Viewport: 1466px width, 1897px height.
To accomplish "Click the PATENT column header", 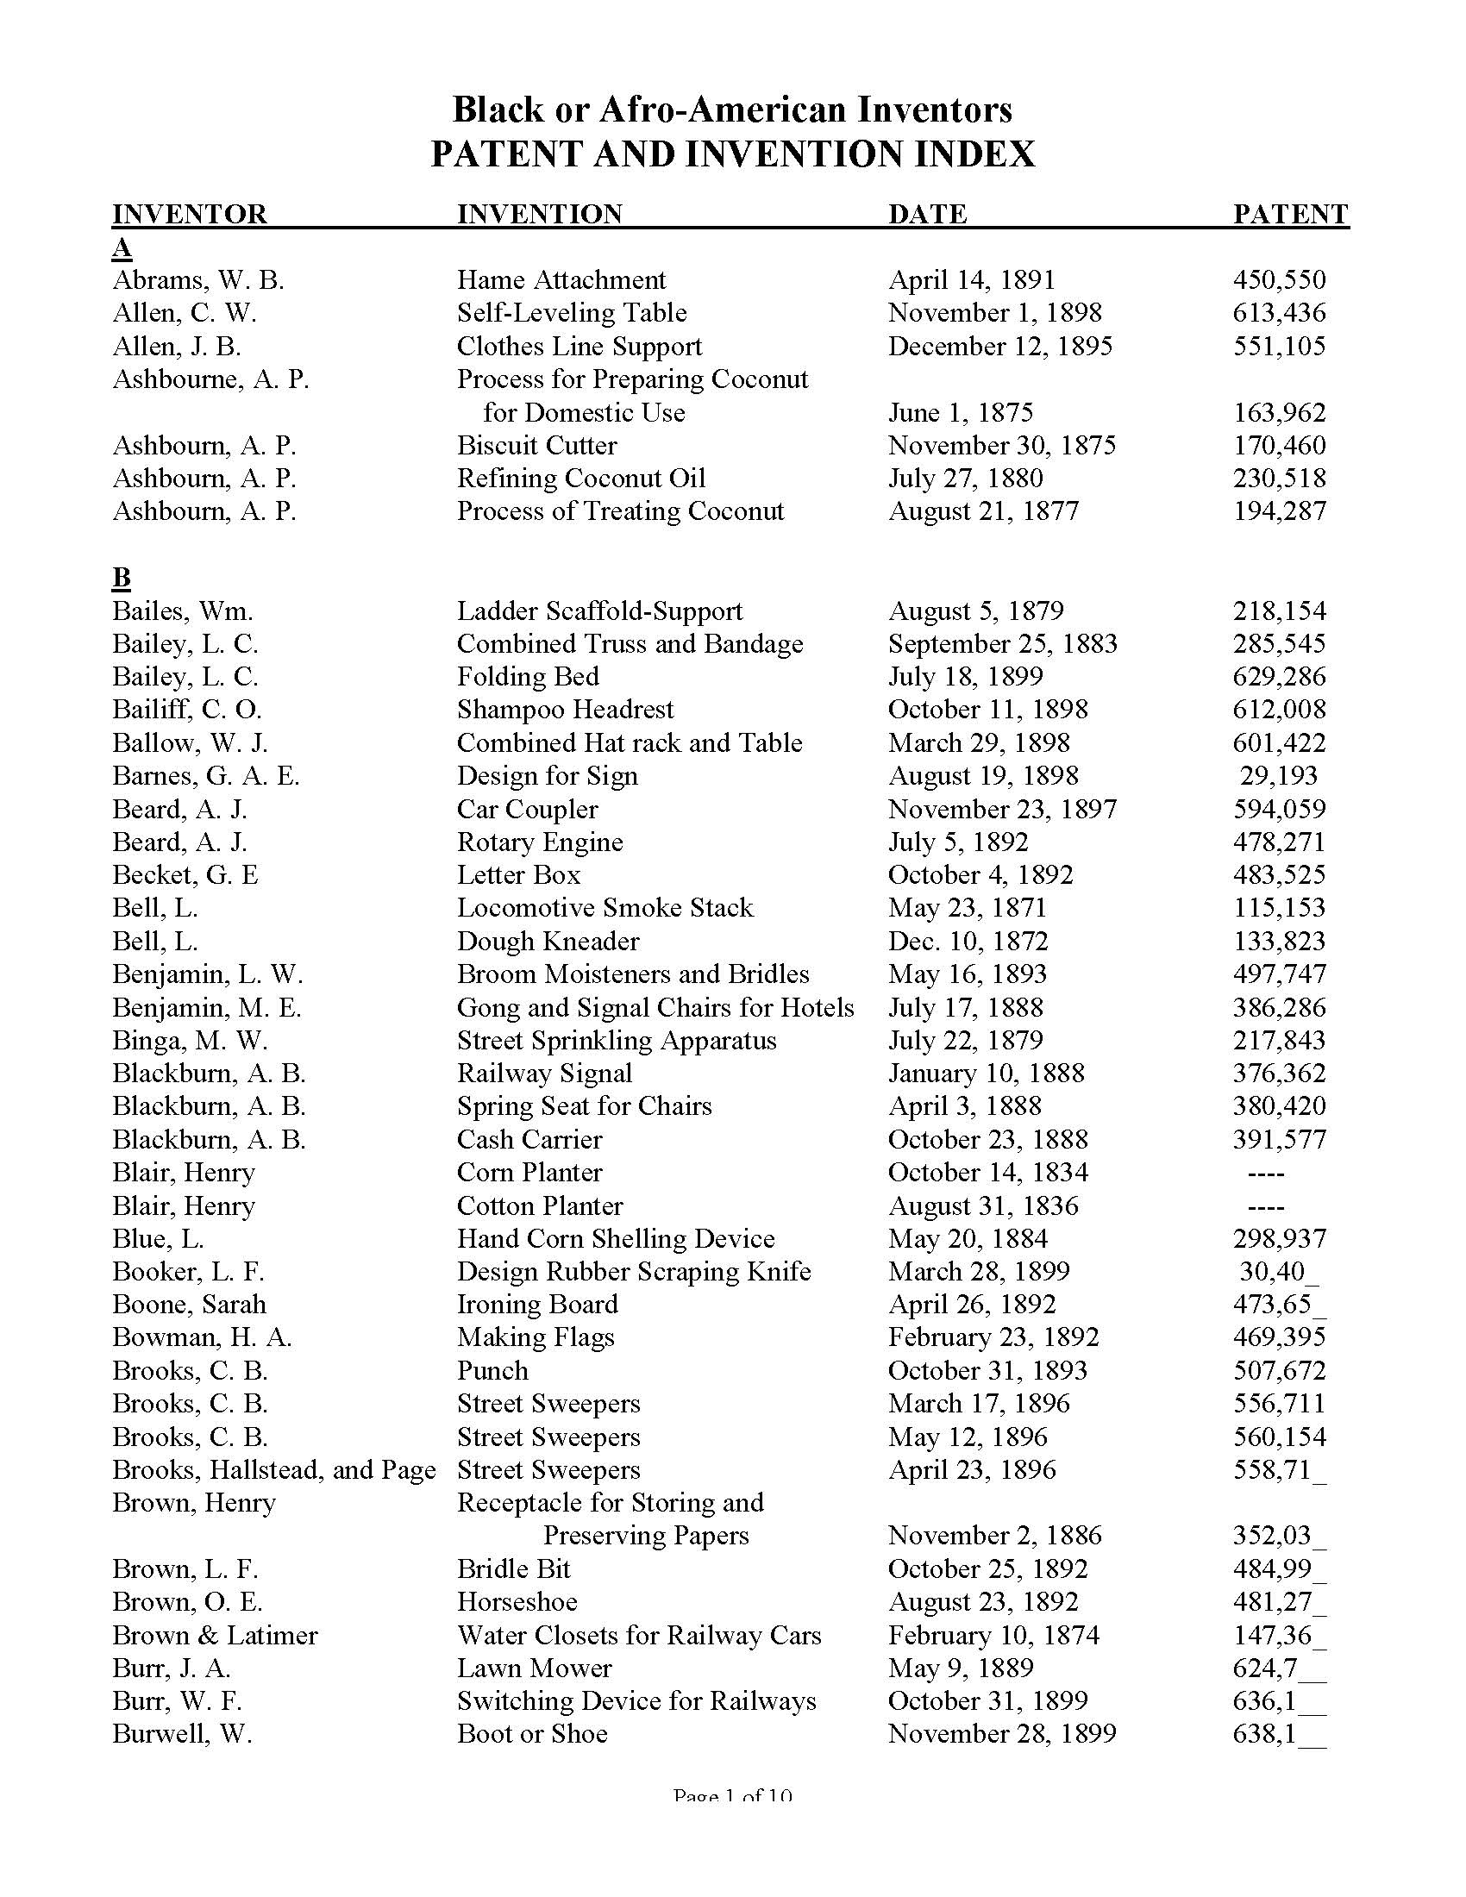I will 1290,214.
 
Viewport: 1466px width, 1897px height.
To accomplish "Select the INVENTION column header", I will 539,214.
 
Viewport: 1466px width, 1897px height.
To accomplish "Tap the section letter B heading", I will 122,578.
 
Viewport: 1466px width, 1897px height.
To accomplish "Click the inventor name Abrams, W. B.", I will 198,279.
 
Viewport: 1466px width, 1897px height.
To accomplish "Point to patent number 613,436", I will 1279,313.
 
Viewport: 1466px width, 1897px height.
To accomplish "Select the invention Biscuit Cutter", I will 536,446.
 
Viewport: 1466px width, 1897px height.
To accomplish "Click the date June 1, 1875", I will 961,412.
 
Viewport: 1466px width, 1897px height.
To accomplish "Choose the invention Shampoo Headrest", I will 566,710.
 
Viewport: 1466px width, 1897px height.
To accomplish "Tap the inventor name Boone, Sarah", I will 190,1305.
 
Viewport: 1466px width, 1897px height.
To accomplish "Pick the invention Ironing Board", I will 537,1305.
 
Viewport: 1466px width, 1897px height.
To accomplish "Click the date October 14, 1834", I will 987,1173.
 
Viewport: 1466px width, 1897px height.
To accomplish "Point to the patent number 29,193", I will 1279,776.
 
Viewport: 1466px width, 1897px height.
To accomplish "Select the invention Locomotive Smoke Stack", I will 605,908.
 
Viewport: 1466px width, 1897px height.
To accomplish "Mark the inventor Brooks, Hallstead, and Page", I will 273,1469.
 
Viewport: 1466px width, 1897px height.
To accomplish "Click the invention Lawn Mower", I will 534,1668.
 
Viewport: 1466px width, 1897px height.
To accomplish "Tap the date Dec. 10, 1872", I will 968,942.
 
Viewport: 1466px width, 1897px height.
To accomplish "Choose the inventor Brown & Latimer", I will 215,1635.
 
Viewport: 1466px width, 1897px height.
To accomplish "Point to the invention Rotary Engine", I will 540,842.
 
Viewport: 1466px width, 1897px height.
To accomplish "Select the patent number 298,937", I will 1279,1238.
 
